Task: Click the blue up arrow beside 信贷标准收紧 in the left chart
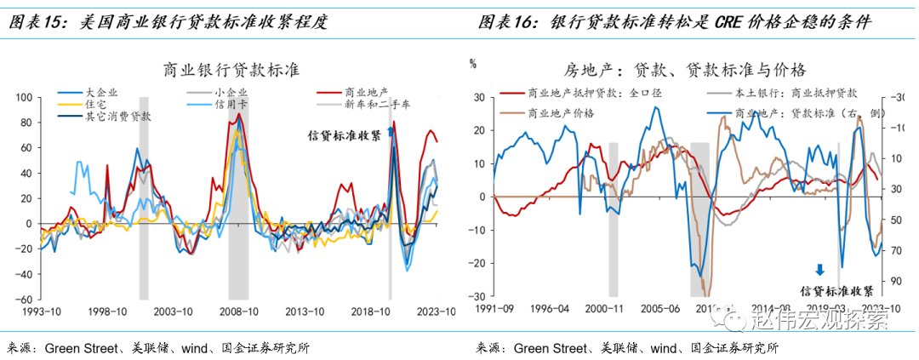[x=391, y=131]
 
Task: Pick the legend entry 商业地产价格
[x=561, y=112]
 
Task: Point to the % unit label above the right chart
[x=473, y=62]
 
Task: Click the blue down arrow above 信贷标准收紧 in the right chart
[x=819, y=270]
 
